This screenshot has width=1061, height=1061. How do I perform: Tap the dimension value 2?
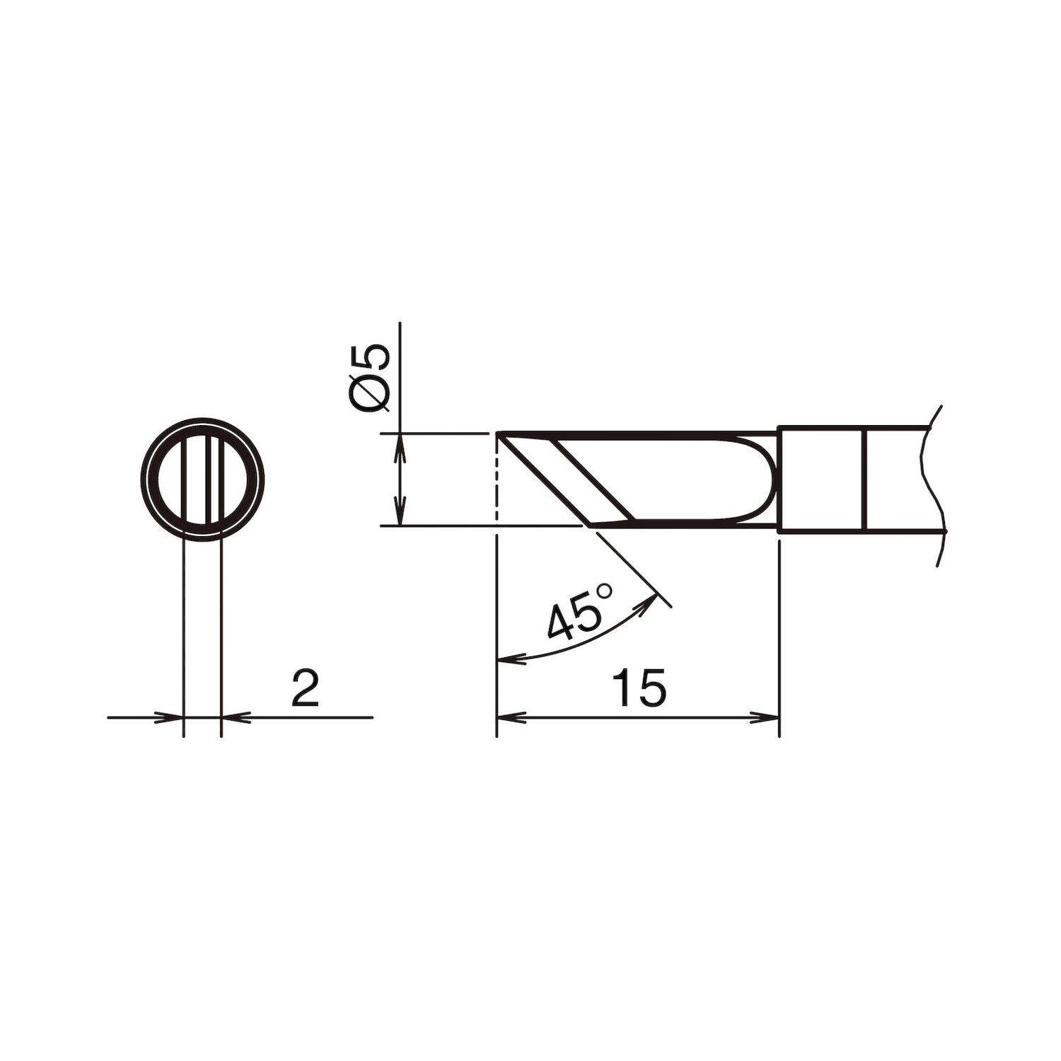306,689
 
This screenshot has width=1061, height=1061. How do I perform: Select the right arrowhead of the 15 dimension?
768,717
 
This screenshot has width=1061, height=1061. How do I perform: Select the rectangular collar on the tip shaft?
821,479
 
